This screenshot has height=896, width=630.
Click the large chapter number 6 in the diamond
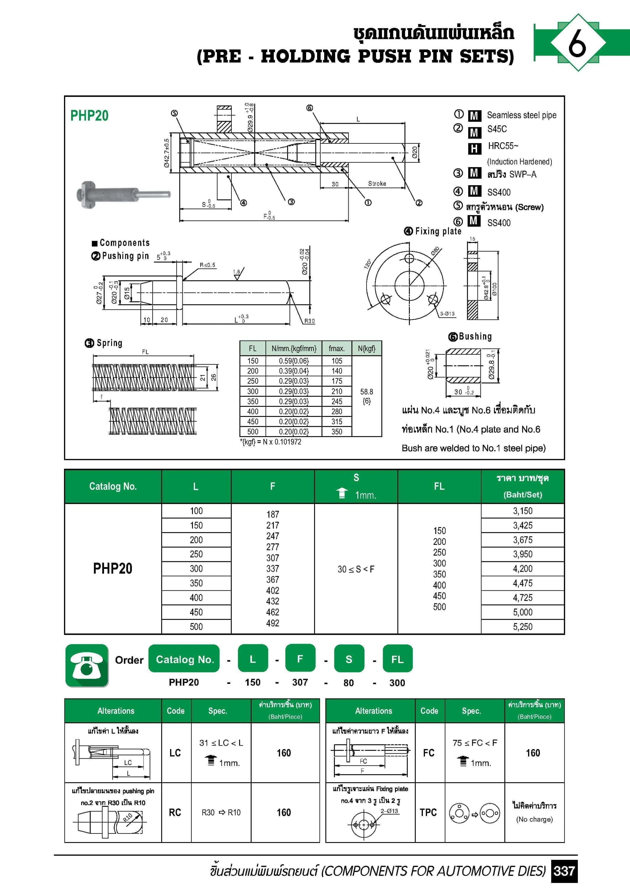pos(577,43)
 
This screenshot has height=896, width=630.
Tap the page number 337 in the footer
pos(564,871)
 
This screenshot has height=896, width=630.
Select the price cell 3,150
pos(522,511)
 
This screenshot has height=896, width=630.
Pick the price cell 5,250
pos(522,626)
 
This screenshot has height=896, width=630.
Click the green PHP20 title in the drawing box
pos(89,116)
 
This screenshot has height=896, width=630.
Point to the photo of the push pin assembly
pos(123,194)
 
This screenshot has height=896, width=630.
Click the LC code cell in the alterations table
pos(175,753)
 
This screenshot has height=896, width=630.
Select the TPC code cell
pos(428,812)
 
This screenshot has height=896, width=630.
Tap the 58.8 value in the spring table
pos(367,392)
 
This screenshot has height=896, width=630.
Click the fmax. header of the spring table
pos(336,348)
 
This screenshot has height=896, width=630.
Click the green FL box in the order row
pos(397,659)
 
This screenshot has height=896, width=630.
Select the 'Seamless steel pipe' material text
pos(522,115)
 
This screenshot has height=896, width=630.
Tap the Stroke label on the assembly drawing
pos(377,183)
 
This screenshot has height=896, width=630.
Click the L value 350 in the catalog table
pos(196,583)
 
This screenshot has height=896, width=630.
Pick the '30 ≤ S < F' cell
pos(356,569)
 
